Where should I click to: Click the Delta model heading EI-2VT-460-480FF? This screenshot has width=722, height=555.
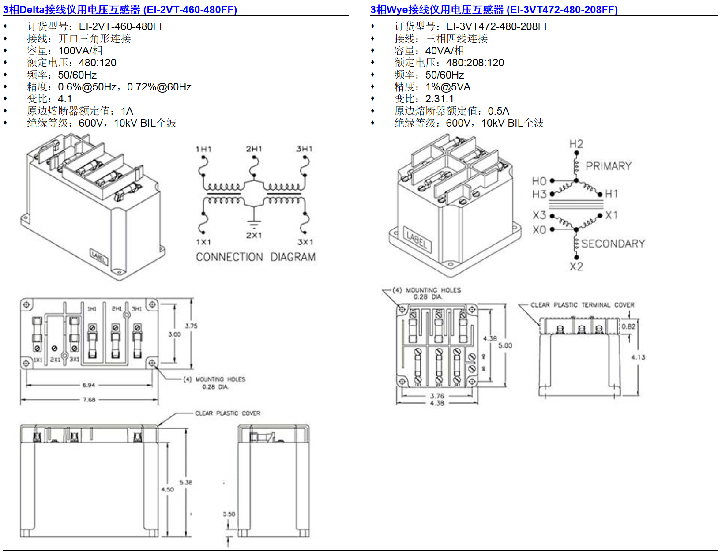point(120,10)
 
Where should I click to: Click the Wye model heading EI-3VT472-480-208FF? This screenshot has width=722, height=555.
point(494,10)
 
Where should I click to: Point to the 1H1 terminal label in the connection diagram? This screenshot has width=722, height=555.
point(203,150)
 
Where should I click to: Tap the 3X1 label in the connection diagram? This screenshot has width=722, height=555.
point(305,242)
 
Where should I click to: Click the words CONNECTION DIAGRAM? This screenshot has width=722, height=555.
point(256,257)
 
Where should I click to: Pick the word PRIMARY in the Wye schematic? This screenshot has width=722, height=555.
point(608,166)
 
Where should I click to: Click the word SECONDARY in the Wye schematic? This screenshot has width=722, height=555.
point(613,244)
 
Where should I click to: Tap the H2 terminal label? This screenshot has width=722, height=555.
point(576,144)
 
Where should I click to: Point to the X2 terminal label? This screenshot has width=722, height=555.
point(576,266)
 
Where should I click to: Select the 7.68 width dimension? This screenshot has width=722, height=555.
point(89,400)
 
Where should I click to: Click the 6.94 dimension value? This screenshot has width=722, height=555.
point(89,385)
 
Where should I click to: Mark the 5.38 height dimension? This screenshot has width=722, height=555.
point(186,482)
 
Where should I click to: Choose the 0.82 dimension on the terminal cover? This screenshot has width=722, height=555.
point(628,327)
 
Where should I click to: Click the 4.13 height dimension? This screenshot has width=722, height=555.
point(638,357)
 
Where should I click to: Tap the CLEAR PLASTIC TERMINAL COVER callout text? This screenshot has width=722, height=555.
point(582,305)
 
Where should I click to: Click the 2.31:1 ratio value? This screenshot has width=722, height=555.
point(439,99)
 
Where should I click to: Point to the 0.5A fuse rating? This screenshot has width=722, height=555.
point(498,111)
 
